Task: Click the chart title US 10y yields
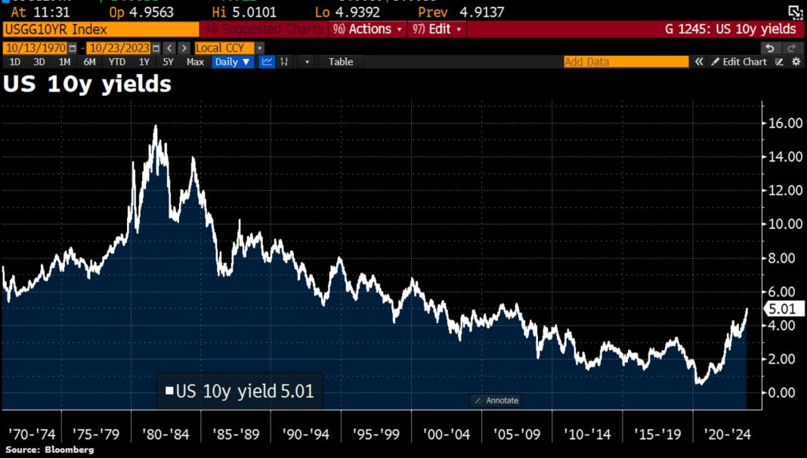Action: [87, 85]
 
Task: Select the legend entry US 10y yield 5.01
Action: [240, 391]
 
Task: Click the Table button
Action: [341, 62]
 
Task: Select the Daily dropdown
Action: [233, 62]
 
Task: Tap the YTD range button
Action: [117, 62]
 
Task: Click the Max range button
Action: [195, 62]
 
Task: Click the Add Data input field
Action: [626, 62]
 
